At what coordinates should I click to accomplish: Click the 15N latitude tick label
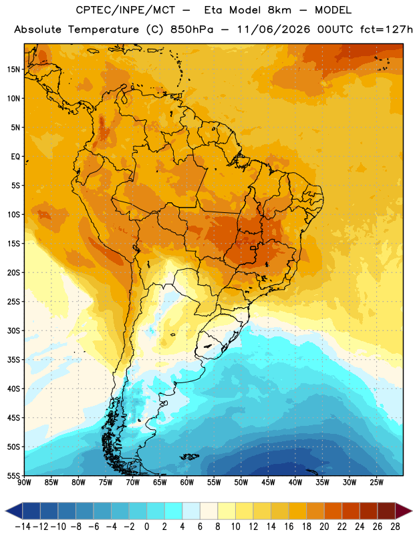(x=13, y=69)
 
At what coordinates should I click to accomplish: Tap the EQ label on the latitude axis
(x=15, y=157)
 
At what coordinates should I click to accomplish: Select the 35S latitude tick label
(x=13, y=360)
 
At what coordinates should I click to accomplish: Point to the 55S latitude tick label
(x=13, y=475)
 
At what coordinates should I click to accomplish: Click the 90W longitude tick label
(x=24, y=483)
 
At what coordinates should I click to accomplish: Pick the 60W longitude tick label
(x=187, y=483)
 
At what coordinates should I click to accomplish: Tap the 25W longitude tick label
(x=376, y=483)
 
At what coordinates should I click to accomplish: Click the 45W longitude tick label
(x=268, y=483)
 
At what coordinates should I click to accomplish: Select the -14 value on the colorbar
(x=23, y=527)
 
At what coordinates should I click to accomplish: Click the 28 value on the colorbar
(x=395, y=527)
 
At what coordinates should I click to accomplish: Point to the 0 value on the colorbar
(x=147, y=527)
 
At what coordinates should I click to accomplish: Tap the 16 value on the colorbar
(x=289, y=527)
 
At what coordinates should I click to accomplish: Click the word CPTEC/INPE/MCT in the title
(x=126, y=10)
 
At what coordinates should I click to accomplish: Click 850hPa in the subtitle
(x=192, y=29)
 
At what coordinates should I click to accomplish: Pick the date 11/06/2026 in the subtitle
(x=273, y=29)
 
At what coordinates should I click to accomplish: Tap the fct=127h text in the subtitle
(x=386, y=29)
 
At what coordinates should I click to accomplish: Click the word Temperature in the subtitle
(x=104, y=30)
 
